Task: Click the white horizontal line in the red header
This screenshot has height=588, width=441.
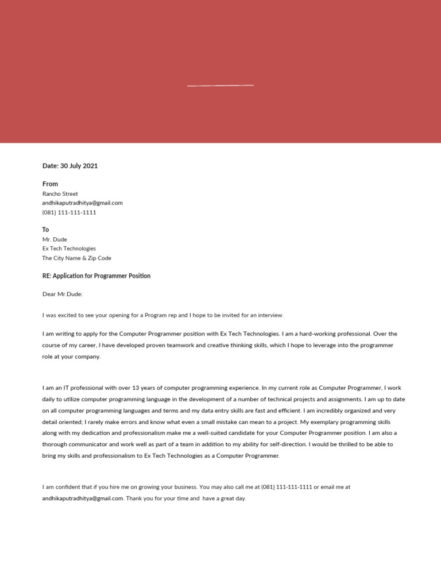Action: [220, 86]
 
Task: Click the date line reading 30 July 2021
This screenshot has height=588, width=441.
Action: [70, 166]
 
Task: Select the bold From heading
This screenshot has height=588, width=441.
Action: [51, 184]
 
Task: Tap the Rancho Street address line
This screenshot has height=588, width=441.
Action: [60, 194]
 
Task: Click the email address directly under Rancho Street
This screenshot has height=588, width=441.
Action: [82, 203]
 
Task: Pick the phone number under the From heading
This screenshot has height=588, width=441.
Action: [69, 212]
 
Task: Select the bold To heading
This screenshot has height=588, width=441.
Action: [46, 230]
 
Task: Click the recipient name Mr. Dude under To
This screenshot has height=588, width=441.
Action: [55, 239]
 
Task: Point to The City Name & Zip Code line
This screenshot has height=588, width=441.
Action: [76, 258]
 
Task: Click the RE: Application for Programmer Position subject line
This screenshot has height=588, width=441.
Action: [96, 276]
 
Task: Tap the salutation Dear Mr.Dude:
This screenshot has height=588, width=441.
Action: [63, 294]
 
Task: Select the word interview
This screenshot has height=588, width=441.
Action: [269, 315]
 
